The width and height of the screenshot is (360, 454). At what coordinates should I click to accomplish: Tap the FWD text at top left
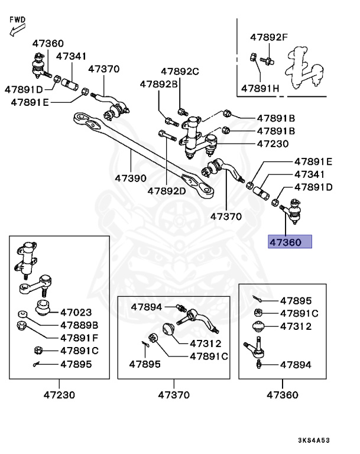coord(18,19)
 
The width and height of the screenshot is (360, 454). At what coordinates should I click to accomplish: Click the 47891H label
coord(260,89)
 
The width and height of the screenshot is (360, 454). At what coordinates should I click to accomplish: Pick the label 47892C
coord(178,72)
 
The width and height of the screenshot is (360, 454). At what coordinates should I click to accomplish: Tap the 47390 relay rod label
coord(131,177)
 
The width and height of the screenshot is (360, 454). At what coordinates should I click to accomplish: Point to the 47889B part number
coord(79,325)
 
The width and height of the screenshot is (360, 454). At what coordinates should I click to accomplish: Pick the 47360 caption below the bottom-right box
coord(282,394)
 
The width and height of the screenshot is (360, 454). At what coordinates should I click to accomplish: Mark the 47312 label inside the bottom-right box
coord(296,326)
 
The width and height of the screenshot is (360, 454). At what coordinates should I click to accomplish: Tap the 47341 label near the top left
coord(71,57)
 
